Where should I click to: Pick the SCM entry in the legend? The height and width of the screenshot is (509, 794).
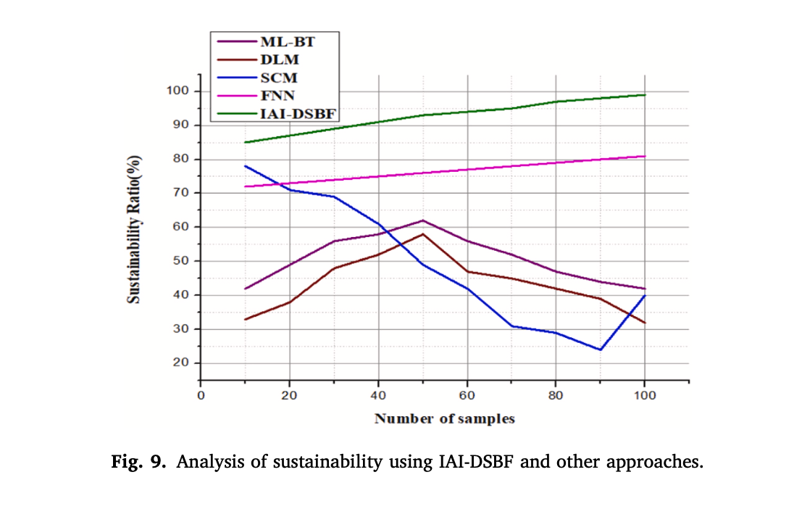point(279,77)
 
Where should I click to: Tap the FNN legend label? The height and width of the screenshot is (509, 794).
point(279,95)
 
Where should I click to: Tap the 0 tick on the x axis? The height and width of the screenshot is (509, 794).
point(201,395)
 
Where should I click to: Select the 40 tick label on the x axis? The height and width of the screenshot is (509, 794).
point(378,395)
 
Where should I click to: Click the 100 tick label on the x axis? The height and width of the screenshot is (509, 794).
point(645,395)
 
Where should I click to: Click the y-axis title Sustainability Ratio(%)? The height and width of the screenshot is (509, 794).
point(133,229)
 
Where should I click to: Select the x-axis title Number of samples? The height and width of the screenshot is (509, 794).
point(444,419)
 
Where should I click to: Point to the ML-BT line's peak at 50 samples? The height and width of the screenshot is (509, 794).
point(422,220)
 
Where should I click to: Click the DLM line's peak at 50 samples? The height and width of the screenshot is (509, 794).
point(422,234)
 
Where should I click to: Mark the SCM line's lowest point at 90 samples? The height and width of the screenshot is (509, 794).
point(601,349)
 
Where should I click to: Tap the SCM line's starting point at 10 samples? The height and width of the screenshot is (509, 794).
point(245,166)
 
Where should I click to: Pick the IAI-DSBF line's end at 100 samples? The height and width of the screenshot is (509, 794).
point(645,95)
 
